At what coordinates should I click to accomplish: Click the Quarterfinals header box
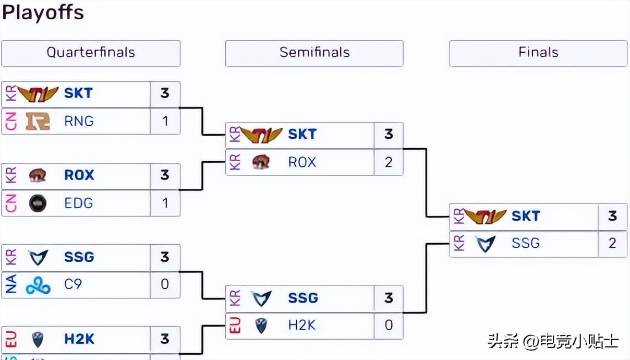(x=91, y=53)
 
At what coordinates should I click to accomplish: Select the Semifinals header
(x=314, y=53)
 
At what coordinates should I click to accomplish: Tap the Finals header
(x=538, y=53)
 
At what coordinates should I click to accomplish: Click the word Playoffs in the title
(x=43, y=13)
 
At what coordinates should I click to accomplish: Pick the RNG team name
(x=79, y=121)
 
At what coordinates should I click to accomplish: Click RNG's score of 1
(x=165, y=121)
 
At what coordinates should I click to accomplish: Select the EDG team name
(x=79, y=203)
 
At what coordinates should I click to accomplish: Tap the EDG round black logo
(x=38, y=203)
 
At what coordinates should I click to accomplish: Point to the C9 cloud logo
(x=38, y=284)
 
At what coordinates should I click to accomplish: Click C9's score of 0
(x=165, y=284)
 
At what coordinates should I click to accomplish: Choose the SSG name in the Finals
(x=526, y=243)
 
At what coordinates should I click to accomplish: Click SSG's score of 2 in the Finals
(x=612, y=243)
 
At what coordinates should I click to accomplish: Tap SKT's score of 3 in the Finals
(x=612, y=216)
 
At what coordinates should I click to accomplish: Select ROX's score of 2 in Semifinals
(x=389, y=162)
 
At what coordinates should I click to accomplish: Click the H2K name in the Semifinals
(x=302, y=325)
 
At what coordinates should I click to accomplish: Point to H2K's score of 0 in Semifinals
(x=389, y=325)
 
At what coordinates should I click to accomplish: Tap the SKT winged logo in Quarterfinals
(x=38, y=94)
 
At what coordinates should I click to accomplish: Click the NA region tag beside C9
(x=10, y=284)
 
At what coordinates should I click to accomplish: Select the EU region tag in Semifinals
(x=235, y=325)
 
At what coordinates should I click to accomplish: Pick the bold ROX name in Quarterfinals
(x=79, y=175)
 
